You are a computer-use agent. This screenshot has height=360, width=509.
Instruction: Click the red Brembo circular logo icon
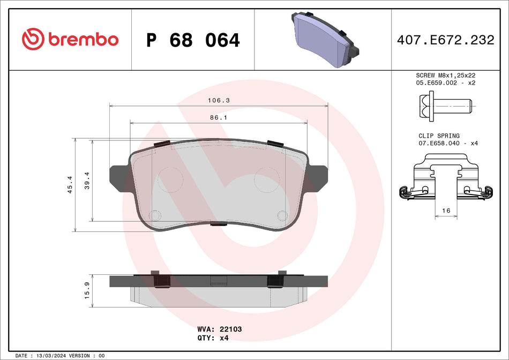(33, 39)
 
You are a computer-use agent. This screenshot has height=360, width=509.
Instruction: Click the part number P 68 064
(193, 40)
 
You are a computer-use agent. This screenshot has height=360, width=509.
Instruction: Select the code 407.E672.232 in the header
(445, 40)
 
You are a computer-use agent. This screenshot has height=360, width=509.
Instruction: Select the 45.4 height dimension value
(70, 185)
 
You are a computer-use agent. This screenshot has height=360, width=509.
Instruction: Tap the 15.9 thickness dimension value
(87, 292)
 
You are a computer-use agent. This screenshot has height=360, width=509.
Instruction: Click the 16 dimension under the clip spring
(446, 211)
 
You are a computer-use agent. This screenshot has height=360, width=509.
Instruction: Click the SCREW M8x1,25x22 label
(446, 76)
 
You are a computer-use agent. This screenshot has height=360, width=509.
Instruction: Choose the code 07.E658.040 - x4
(447, 144)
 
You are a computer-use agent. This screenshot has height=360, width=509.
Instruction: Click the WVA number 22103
(231, 329)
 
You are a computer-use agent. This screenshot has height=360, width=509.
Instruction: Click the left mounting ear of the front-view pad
(119, 177)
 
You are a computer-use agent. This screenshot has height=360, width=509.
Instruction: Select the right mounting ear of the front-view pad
(318, 177)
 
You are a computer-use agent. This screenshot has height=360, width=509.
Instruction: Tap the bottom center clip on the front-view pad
(218, 223)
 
